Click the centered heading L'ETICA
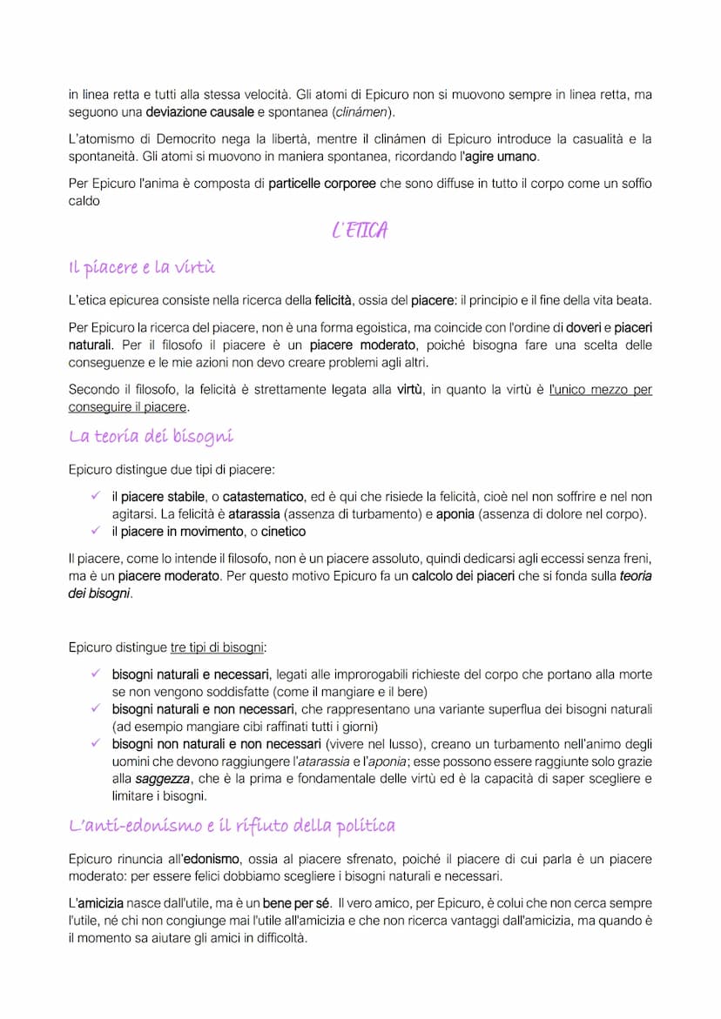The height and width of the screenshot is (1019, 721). point(360,231)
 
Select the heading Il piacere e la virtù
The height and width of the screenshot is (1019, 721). point(142,267)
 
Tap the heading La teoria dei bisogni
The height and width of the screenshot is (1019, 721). point(151,436)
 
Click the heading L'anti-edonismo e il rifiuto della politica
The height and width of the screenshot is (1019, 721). point(232,826)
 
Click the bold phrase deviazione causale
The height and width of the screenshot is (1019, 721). point(199,112)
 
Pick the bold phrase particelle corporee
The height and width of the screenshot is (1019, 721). point(322,184)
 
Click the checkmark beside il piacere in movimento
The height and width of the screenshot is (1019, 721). point(96,531)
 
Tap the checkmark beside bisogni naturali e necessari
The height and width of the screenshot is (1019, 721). point(96,674)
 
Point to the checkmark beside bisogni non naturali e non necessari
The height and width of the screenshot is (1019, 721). point(96,744)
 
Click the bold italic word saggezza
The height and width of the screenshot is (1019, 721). point(163,780)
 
